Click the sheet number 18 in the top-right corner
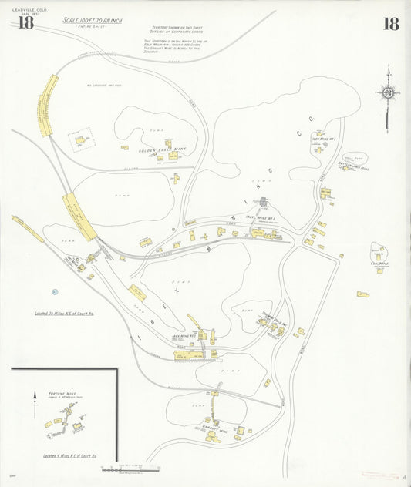pos(391,23)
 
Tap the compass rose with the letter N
pos(388,94)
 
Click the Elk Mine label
pos(379,264)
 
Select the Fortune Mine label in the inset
pos(61,394)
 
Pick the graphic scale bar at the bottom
pos(130,468)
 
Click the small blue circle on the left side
pos(55,291)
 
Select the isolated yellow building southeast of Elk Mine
pos(362,294)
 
